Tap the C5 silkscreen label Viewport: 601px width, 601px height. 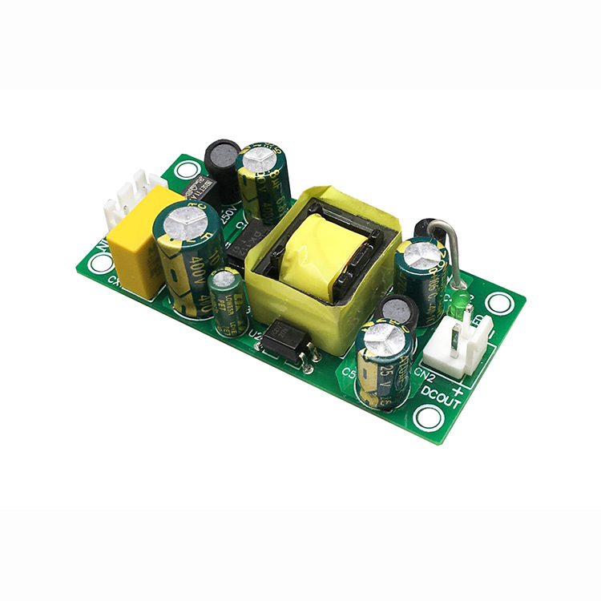click(349, 373)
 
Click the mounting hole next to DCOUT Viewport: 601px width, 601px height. click(429, 417)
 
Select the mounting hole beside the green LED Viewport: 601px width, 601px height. click(499, 303)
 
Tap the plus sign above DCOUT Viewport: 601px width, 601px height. click(459, 390)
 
